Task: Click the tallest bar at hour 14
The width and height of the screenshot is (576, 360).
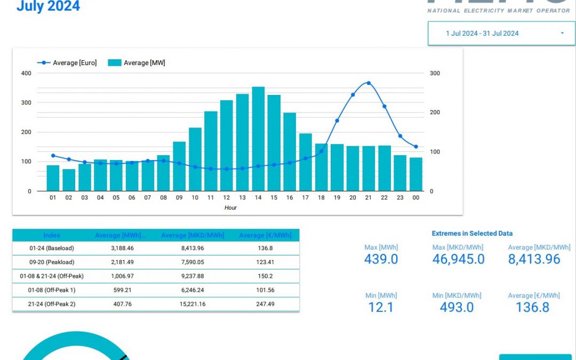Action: [x=258, y=139]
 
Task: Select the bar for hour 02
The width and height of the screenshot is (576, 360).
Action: [x=69, y=180]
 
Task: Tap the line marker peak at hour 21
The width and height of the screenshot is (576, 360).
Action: [x=369, y=83]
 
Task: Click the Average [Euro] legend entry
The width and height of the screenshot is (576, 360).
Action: [x=67, y=63]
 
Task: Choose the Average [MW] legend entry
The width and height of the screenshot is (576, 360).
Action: [x=137, y=63]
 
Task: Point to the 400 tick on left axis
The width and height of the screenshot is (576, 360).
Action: [x=26, y=73]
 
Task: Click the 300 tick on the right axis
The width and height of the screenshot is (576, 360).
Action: [x=435, y=73]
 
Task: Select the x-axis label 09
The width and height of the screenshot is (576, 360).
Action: [x=179, y=198]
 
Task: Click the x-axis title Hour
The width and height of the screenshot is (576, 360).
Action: [x=230, y=207]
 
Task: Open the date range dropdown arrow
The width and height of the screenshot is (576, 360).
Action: [x=562, y=33]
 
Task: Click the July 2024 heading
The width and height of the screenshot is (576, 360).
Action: [x=48, y=7]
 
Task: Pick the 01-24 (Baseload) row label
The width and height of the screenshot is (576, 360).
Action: [x=52, y=248]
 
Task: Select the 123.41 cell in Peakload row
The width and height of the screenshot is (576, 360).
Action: [x=265, y=262]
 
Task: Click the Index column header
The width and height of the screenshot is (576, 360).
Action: [x=52, y=235]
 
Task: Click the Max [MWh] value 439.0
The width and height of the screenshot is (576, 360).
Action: [x=381, y=259]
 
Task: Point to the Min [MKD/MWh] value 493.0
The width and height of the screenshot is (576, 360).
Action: [x=457, y=307]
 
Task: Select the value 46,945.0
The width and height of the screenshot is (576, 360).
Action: [x=458, y=259]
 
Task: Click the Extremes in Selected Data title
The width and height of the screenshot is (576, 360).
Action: [x=472, y=234]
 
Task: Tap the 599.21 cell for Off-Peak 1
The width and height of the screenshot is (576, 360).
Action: [x=122, y=290]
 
